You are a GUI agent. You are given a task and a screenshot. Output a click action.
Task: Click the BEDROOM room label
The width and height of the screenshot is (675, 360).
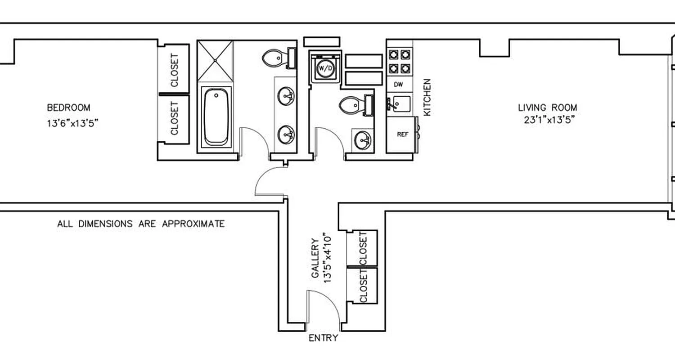point(68,108)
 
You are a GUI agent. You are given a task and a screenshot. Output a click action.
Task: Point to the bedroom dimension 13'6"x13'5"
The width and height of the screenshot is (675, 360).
point(72,123)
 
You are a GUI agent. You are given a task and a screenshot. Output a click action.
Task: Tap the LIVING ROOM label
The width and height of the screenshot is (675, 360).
point(547,108)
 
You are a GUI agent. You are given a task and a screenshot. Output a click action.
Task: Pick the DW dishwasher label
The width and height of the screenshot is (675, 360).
point(398,84)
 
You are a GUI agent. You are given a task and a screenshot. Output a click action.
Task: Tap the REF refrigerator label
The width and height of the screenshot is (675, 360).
point(402,134)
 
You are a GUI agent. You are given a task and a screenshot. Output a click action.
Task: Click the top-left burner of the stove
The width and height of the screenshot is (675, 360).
point(394,54)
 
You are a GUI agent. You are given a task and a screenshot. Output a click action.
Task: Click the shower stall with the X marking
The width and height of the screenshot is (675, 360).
point(216,60)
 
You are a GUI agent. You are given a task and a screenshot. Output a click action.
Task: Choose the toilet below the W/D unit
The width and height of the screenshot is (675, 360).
point(351,105)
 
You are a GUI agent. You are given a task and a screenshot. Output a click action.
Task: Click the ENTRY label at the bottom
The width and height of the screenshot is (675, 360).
point(323,338)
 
